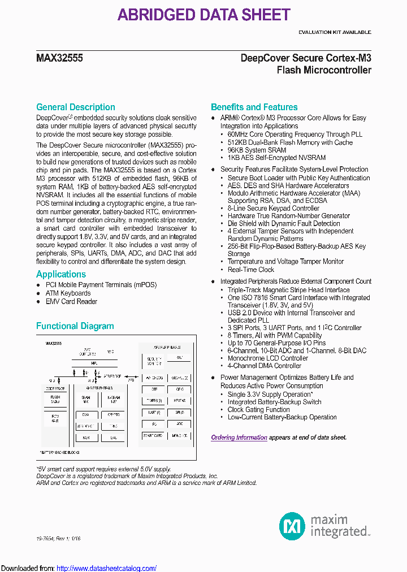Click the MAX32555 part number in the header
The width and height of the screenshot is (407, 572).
59,58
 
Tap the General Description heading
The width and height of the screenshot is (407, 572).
75,107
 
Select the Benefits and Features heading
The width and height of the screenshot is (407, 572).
254,107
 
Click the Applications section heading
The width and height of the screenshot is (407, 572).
61,274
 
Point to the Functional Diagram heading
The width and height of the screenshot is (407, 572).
75,326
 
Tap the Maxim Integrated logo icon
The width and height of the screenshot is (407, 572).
292,526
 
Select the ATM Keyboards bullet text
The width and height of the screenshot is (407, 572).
68,293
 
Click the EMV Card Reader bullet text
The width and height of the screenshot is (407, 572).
71,301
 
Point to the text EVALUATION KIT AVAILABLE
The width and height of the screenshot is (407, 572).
335,32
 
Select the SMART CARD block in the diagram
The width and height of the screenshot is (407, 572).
153,436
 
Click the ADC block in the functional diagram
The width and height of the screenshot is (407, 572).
179,423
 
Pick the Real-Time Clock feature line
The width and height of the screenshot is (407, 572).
251,270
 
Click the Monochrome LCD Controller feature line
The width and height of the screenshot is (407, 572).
267,358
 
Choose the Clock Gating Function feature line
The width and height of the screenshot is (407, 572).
258,409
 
